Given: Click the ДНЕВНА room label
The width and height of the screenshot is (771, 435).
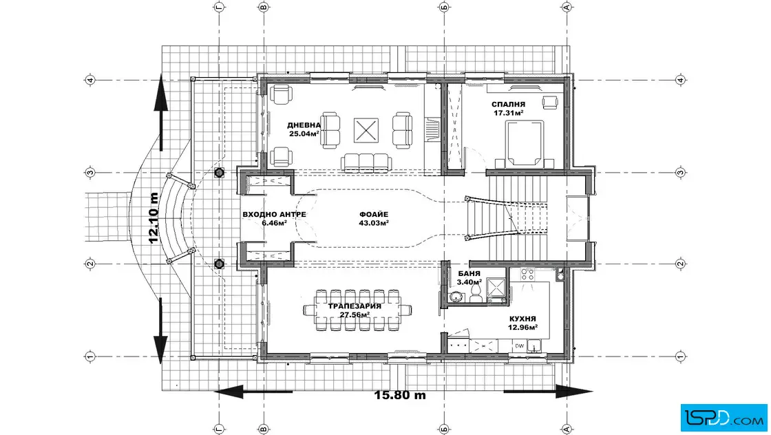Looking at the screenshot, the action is click(304, 125).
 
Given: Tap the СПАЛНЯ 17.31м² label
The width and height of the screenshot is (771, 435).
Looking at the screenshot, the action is click(509, 109).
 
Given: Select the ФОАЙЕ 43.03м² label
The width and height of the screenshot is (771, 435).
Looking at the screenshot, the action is click(374, 218).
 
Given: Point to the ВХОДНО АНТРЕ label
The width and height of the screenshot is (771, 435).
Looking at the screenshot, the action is click(275, 214).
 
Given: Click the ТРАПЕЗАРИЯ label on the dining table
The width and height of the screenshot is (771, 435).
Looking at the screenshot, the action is click(355, 306).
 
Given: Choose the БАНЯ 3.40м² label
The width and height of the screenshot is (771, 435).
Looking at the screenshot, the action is click(469, 277).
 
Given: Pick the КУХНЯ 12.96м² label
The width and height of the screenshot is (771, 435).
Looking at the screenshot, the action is click(522, 322).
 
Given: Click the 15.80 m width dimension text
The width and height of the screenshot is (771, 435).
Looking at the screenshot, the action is click(400, 394).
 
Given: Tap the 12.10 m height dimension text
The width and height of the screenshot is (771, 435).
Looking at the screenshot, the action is click(154, 217).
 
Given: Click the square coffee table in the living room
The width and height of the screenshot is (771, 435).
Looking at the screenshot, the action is click(366, 130).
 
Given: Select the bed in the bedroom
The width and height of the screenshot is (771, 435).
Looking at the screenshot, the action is click(525, 143).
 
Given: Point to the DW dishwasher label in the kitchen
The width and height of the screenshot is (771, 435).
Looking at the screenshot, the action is click(519, 346).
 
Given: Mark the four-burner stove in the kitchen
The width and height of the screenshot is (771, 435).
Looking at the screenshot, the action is click(527, 274).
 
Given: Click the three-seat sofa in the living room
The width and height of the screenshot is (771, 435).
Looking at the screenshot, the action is click(366, 162).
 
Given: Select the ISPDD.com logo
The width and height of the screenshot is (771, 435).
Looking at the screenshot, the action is click(724, 417).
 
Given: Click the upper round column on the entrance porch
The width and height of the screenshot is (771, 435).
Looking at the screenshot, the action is click(220, 173).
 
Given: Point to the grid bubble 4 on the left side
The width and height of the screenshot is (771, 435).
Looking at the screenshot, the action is click(90, 80).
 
